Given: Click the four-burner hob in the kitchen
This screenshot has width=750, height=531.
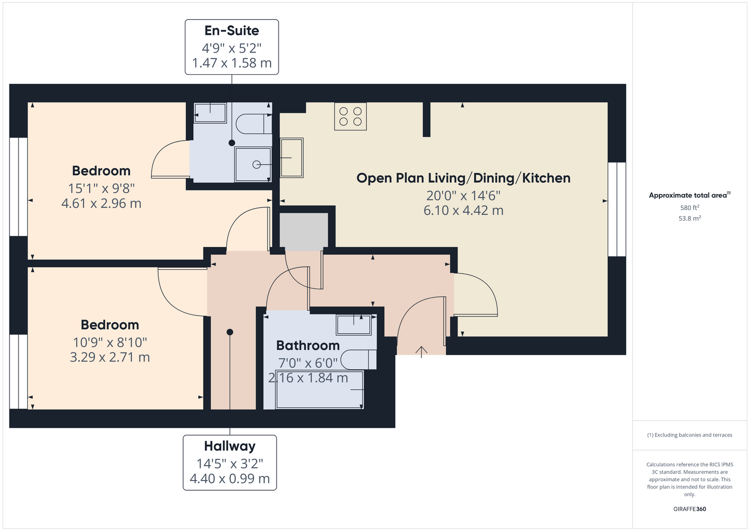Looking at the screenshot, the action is click(350, 116).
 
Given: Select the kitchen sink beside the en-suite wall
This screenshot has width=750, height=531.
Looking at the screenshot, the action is click(291, 158).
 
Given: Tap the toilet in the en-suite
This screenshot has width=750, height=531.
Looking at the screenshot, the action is click(254, 124).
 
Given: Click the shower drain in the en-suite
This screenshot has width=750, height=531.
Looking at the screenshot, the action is click(256, 165).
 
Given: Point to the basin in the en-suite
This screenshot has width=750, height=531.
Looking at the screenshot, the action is click(210, 113).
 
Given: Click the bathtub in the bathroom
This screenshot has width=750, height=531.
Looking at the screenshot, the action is click(320, 390).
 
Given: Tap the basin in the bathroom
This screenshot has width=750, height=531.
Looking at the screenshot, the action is click(354, 324).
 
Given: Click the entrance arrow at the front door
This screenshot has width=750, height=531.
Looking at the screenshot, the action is click(421, 352).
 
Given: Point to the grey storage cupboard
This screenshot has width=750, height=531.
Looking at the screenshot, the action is click(304, 232).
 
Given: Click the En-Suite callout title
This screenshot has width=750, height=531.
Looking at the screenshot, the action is click(232, 31).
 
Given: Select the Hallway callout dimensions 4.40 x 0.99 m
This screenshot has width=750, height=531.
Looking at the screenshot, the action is click(230, 479).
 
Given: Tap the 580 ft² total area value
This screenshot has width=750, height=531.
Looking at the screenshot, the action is click(689, 208).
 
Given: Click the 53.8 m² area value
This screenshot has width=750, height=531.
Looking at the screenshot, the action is click(689, 218).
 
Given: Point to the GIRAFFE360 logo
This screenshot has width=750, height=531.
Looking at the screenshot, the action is click(689, 509).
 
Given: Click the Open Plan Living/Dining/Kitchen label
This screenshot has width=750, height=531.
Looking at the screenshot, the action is click(463, 178).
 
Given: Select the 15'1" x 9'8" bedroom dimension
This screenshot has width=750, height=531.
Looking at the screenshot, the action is click(101, 189).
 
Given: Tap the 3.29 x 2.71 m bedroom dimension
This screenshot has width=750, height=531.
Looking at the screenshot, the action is click(110, 357).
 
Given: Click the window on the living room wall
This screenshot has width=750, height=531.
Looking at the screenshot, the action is click(617, 209).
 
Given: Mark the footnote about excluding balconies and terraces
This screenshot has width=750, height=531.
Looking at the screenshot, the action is click(689, 435).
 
